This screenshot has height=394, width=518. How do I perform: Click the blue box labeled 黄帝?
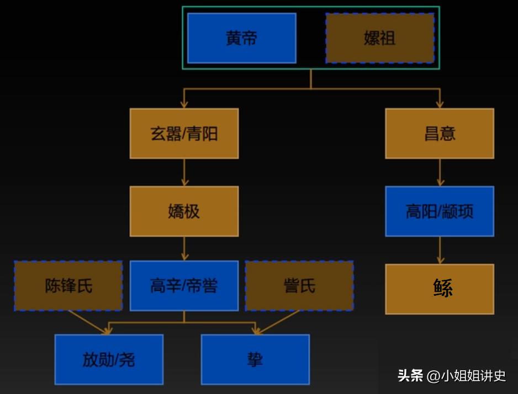(241, 38)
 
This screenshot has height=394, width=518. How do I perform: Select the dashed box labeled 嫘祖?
(379, 38)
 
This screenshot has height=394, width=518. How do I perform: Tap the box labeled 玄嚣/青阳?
(184, 134)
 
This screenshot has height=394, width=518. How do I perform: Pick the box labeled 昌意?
(440, 134)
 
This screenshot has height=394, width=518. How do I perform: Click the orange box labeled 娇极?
(184, 211)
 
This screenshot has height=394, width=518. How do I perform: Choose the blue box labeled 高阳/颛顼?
(440, 211)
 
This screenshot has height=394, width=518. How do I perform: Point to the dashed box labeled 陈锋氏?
(68, 286)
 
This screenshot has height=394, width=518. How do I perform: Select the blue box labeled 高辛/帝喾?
(184, 286)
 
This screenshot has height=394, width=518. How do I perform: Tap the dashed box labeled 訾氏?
(299, 286)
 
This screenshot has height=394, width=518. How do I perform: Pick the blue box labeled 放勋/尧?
(109, 360)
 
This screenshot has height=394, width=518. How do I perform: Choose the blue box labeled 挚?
(255, 360)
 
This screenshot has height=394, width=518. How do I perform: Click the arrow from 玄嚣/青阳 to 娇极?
(184, 172)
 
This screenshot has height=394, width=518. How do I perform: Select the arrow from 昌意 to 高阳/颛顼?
(440, 172)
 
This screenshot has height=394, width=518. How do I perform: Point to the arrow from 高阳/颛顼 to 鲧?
(440, 250)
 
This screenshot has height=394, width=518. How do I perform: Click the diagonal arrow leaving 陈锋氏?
(88, 322)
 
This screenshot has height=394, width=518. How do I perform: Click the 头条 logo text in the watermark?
(410, 376)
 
